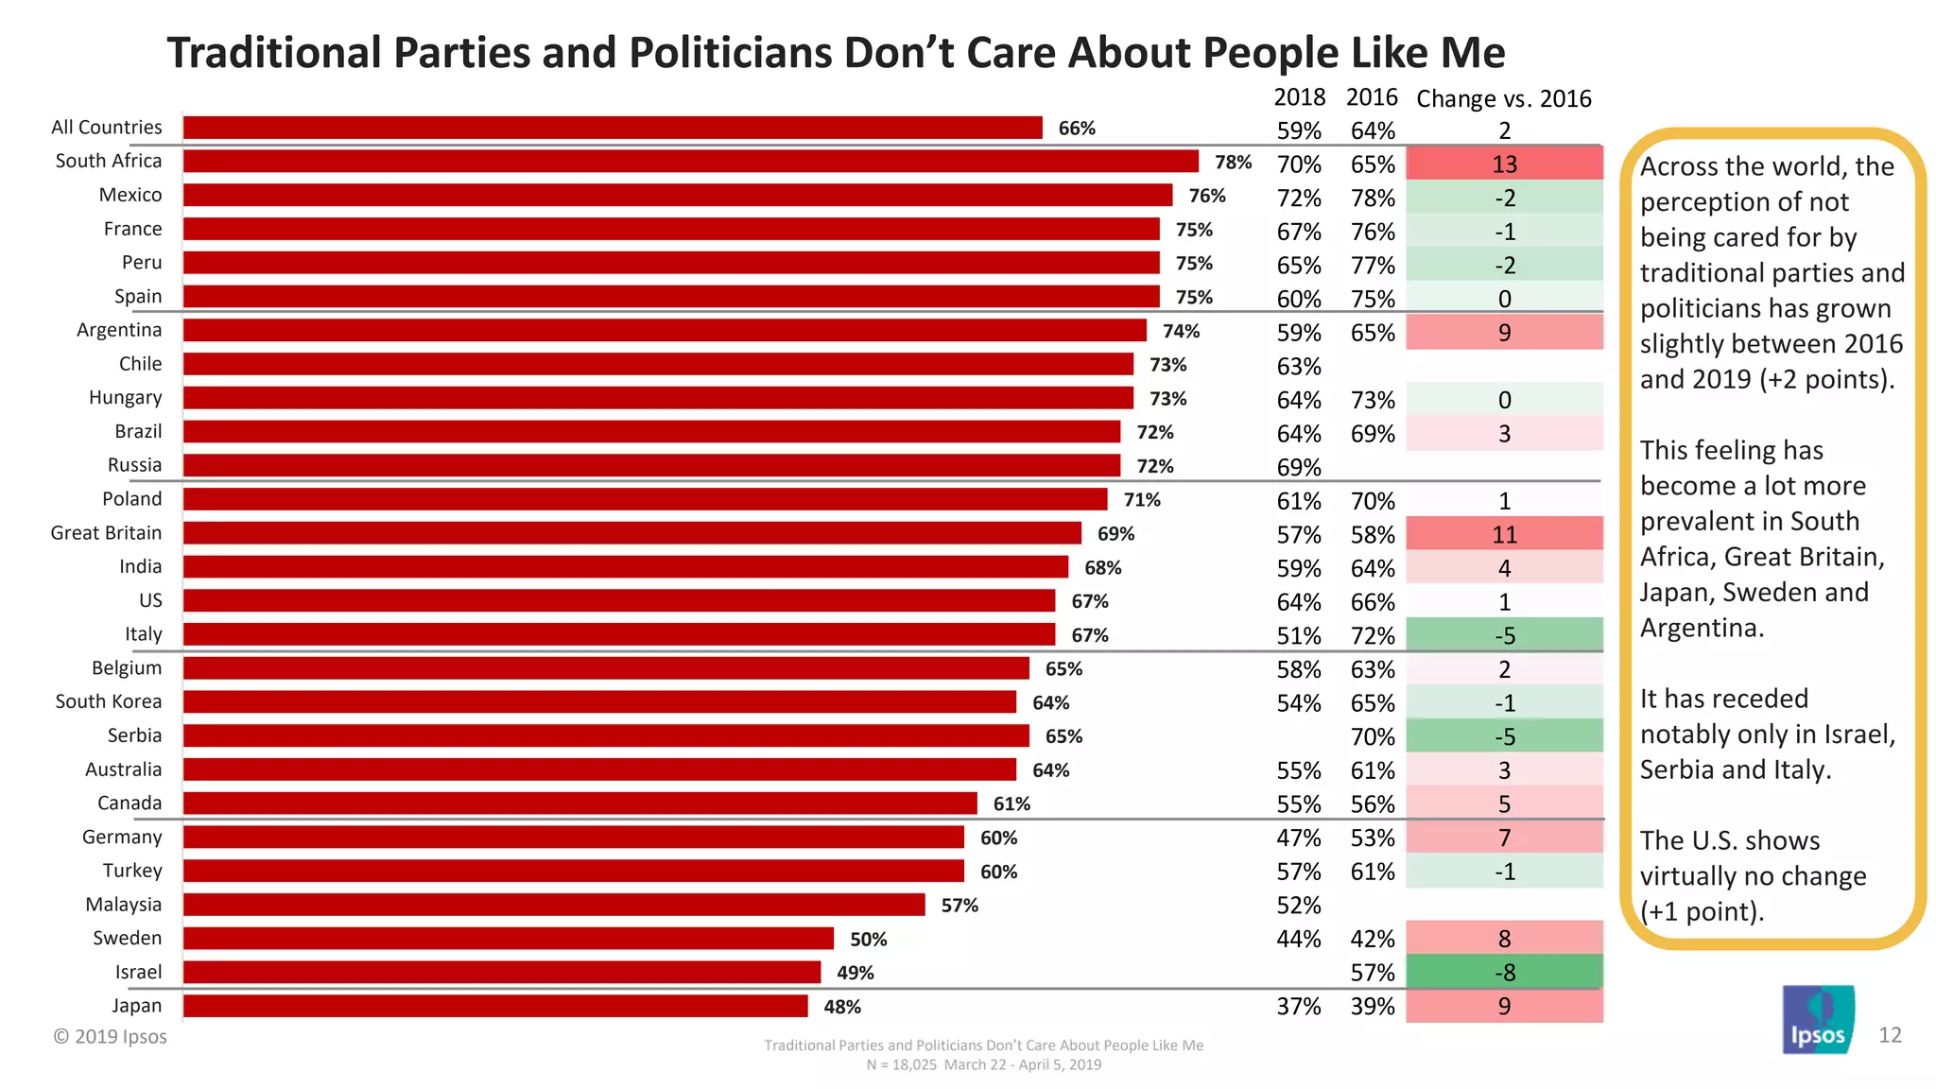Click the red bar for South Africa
(690, 162)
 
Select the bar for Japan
(495, 1006)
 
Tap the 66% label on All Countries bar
(1076, 129)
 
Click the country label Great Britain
(106, 533)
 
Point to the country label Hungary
(125, 398)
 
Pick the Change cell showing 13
(1504, 164)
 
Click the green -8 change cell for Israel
(1504, 972)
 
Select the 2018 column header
(1299, 97)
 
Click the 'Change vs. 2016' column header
(1503, 98)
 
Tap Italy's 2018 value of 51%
(1298, 635)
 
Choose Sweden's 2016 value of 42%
(1372, 939)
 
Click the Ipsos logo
(1818, 1020)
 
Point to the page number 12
(1890, 1035)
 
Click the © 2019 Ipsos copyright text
(110, 1037)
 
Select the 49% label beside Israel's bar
(855, 973)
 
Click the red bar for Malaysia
(554, 905)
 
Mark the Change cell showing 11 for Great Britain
(1504, 535)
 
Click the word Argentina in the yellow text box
(1700, 628)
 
